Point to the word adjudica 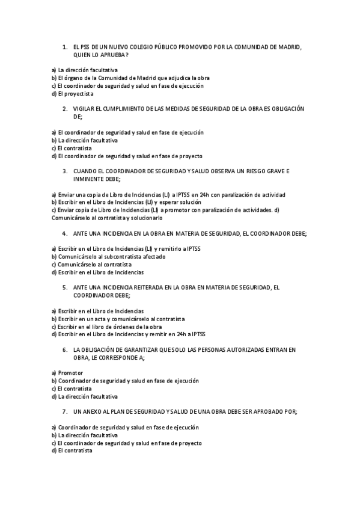(x=180, y=78)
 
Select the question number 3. (x=64, y=171)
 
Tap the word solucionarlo (x=146, y=218)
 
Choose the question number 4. (x=64, y=233)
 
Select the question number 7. (x=64, y=412)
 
